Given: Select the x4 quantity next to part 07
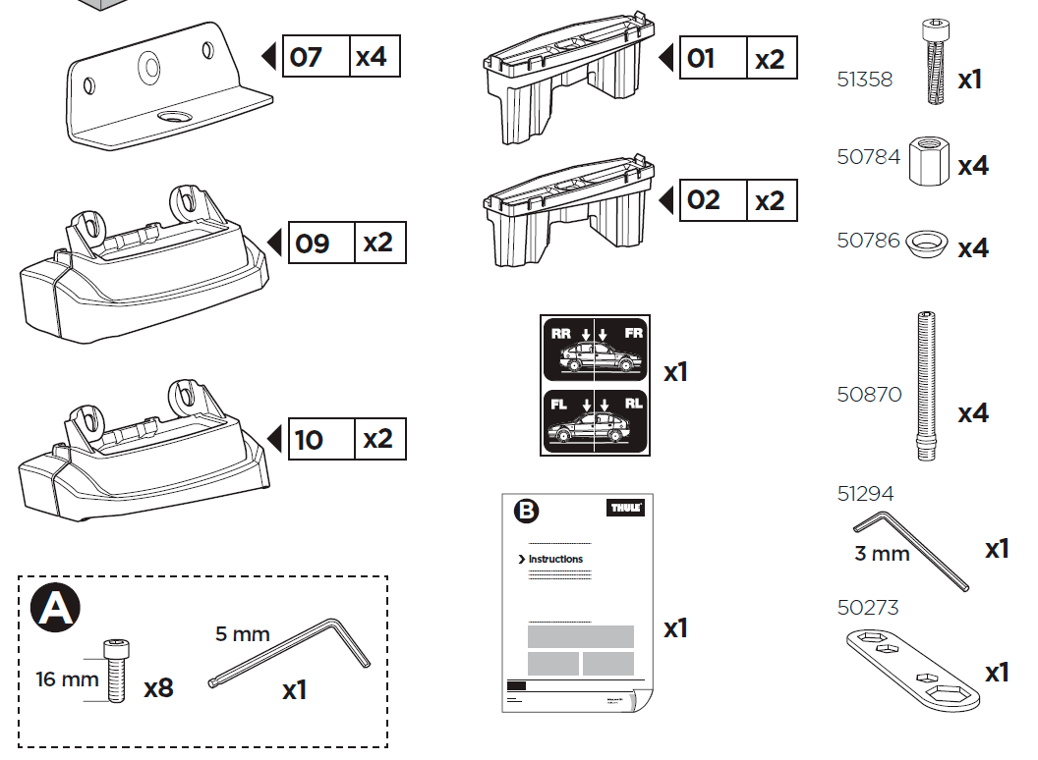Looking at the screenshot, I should (373, 57).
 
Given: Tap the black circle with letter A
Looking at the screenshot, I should (56, 610).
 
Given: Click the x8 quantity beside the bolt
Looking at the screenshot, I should (158, 688).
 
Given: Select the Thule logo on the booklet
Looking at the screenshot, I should (625, 509).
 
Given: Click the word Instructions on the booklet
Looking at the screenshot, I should (555, 560).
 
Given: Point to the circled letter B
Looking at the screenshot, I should (528, 511).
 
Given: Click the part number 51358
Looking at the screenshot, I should (865, 80).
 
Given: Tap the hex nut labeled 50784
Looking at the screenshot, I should (927, 160).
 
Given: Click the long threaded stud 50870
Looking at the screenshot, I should (925, 385).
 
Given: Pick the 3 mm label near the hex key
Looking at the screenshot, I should (882, 554).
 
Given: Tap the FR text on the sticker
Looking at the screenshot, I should (632, 333).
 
